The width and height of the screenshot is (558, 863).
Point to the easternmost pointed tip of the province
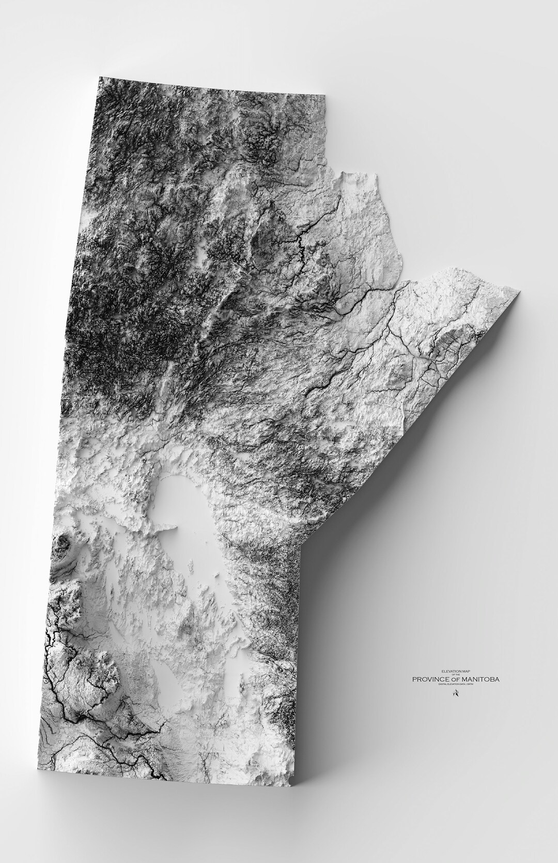click(519, 292)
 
